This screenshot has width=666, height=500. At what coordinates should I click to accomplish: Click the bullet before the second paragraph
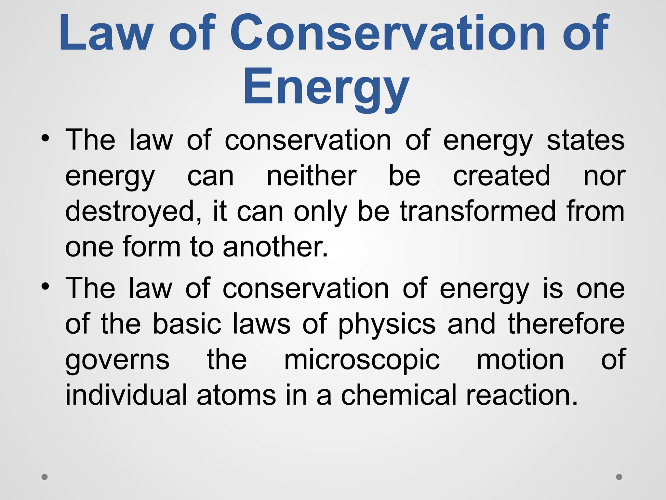click(x=45, y=286)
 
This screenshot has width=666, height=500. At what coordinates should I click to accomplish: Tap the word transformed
click(x=478, y=212)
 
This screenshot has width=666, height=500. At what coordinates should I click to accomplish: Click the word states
click(x=585, y=141)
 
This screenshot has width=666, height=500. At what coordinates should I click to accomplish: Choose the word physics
click(x=387, y=325)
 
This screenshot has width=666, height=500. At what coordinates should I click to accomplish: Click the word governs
click(x=117, y=360)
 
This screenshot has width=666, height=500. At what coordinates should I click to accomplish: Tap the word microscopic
click(x=362, y=360)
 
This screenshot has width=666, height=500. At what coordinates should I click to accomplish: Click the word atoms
click(x=236, y=395)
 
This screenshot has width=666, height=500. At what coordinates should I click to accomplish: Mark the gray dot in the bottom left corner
click(x=45, y=477)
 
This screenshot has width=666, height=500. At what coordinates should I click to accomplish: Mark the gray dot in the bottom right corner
click(x=619, y=477)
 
